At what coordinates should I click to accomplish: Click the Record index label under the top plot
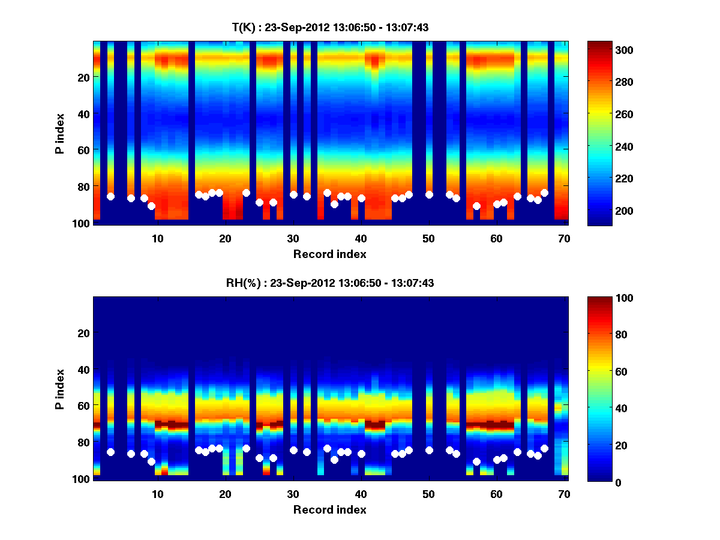(330, 254)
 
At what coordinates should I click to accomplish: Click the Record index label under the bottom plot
(330, 510)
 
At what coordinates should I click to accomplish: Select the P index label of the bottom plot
(60, 389)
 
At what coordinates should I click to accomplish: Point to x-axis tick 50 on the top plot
(428, 238)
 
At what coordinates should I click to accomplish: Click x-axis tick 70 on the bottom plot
(564, 494)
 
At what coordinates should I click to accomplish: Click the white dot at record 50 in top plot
(429, 194)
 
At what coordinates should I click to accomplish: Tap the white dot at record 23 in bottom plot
(246, 448)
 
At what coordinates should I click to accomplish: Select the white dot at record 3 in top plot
(110, 196)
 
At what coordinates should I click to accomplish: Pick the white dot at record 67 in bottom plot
(544, 448)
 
